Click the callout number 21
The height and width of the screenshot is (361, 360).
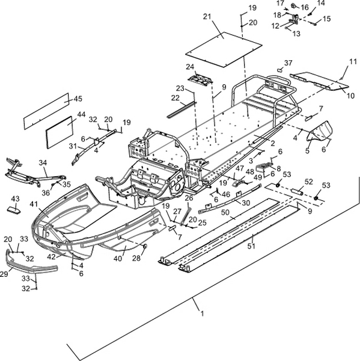point(207,17)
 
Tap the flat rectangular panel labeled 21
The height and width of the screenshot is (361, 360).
point(224,49)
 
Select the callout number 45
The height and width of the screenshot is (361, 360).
point(78,99)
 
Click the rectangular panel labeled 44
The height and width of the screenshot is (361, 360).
point(59,132)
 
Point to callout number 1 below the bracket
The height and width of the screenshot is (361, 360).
point(202,314)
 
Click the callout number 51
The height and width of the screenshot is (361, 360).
point(251,246)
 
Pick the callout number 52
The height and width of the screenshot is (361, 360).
point(309,182)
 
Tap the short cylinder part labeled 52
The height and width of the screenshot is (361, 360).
point(297,191)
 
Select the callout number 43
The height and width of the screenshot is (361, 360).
point(16,199)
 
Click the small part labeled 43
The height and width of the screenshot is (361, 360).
point(14,210)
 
